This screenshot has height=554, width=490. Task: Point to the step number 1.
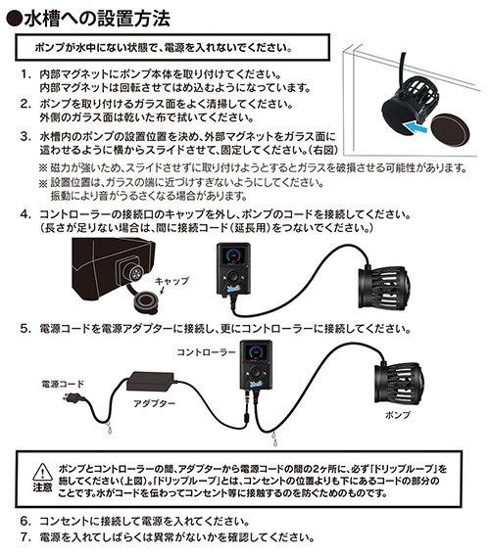25,75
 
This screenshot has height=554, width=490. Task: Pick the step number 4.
25,213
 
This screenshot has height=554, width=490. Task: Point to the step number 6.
25,521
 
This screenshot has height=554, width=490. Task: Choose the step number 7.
25,537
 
